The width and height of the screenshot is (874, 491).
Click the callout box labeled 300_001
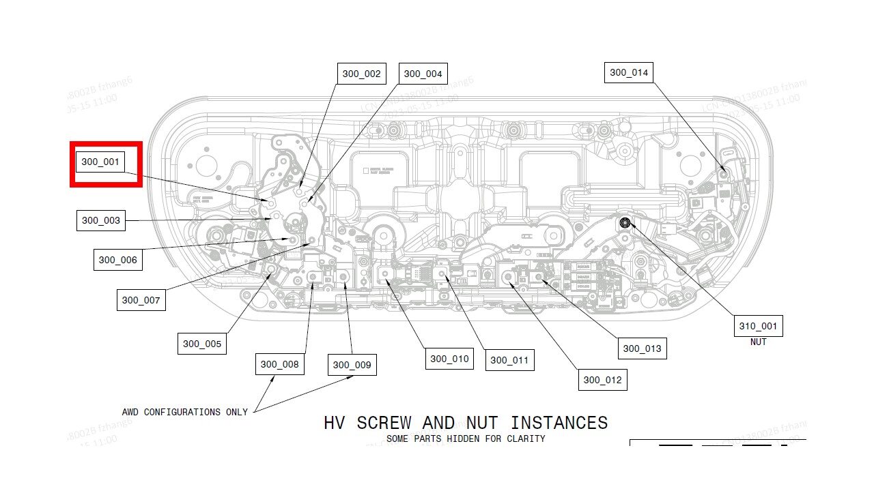[x=100, y=162]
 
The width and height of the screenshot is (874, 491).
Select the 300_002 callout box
[x=361, y=74]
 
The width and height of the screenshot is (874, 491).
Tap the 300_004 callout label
[x=423, y=74]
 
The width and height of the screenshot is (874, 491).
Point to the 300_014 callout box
[x=628, y=72]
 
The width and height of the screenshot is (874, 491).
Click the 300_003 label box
[x=101, y=220]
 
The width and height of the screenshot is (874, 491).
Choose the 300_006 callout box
[x=117, y=260]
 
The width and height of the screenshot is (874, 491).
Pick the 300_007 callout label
[x=141, y=300]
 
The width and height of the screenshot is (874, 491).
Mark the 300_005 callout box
[x=201, y=344]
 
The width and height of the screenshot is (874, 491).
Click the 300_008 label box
[x=279, y=364]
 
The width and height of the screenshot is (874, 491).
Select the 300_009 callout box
[x=352, y=365]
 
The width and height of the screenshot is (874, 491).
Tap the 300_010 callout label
[x=449, y=359]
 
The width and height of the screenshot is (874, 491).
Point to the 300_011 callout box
[x=509, y=360]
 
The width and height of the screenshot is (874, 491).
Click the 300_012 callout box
[x=602, y=380]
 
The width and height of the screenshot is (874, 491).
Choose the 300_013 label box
[x=642, y=348]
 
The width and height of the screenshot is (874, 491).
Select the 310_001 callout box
[x=758, y=326]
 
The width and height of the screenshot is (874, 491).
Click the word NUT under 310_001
[x=758, y=342]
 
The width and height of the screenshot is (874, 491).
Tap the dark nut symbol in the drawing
[x=625, y=222]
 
